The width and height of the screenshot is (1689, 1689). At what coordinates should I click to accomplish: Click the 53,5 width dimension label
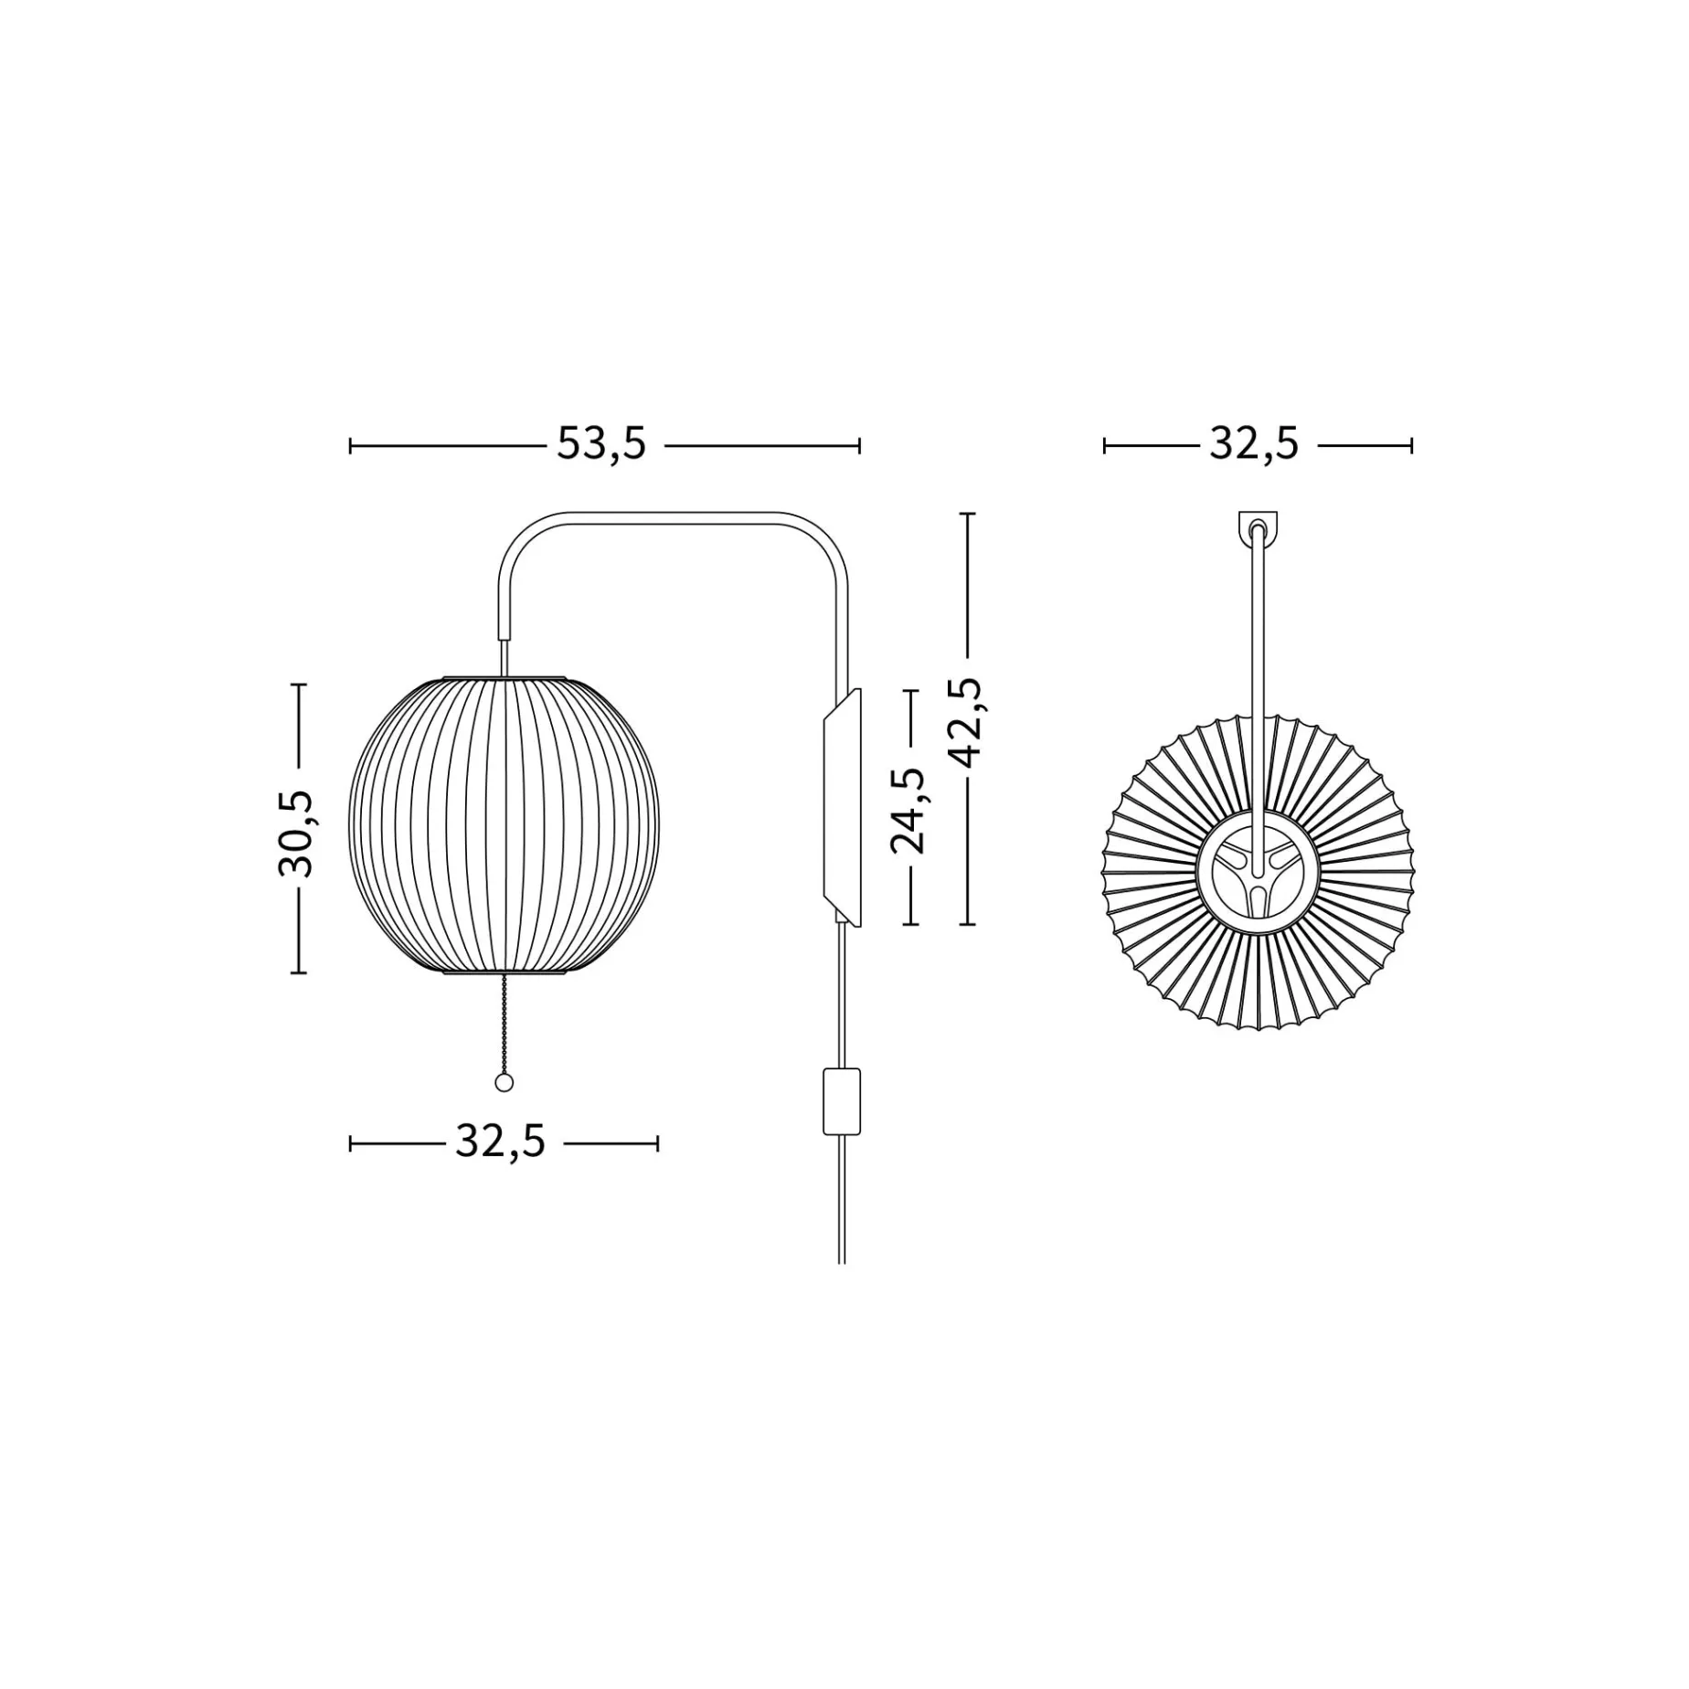click(x=601, y=445)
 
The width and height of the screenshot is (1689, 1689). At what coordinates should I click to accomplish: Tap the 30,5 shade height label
click(x=296, y=834)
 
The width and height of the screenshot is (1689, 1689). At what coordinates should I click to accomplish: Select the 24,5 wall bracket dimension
click(x=908, y=811)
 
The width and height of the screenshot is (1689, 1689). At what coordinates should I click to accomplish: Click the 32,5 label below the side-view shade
click(x=500, y=1142)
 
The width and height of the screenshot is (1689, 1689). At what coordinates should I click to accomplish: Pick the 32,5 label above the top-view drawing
click(x=1254, y=445)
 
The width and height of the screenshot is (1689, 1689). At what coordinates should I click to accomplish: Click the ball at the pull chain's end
click(x=504, y=1083)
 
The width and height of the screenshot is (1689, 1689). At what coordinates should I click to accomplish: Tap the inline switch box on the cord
click(x=842, y=1100)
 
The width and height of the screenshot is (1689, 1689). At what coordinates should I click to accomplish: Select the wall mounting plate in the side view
click(x=842, y=808)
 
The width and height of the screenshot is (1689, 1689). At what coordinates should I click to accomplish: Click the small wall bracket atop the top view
click(x=1258, y=528)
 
